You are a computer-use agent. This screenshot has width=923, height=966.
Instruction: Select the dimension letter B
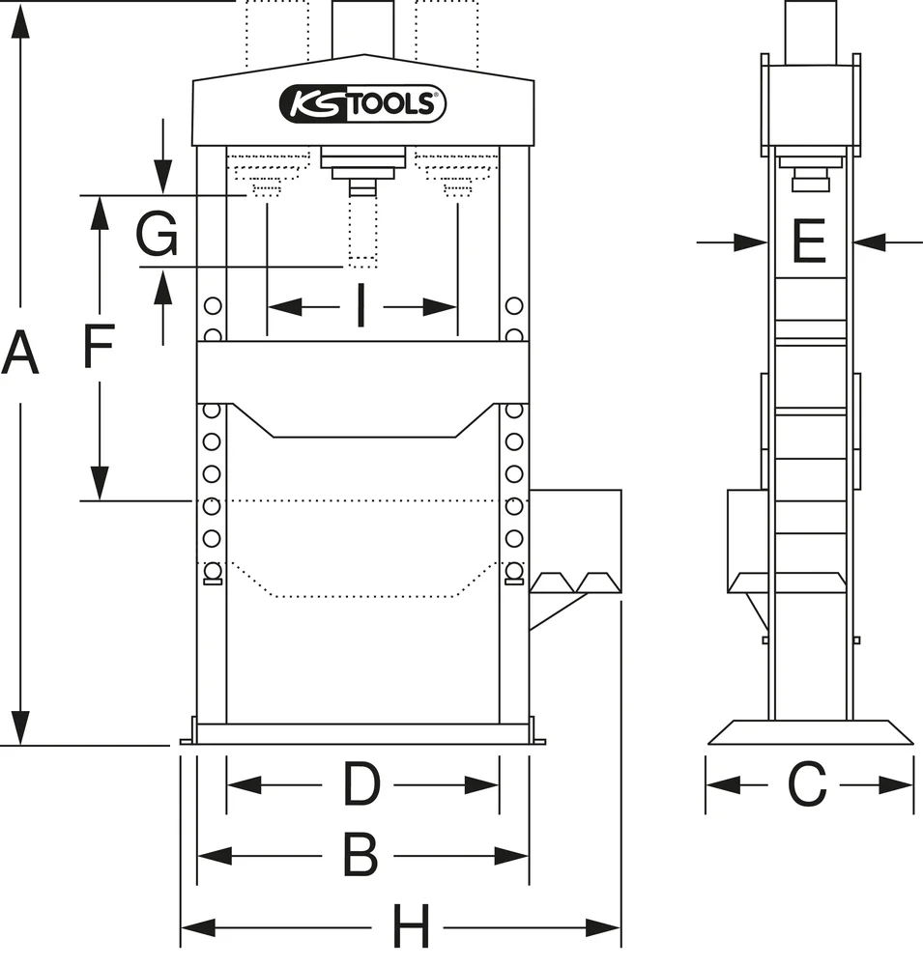click(361, 855)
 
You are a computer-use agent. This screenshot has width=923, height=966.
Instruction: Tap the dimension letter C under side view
click(808, 784)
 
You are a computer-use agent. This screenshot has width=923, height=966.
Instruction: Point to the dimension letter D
click(361, 784)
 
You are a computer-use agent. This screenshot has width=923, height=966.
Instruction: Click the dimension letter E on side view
click(809, 242)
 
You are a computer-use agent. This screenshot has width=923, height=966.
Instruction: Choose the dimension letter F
click(99, 347)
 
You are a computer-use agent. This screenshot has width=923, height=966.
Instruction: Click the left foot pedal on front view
click(553, 582)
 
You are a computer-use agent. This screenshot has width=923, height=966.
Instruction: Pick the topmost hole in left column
click(213, 306)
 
